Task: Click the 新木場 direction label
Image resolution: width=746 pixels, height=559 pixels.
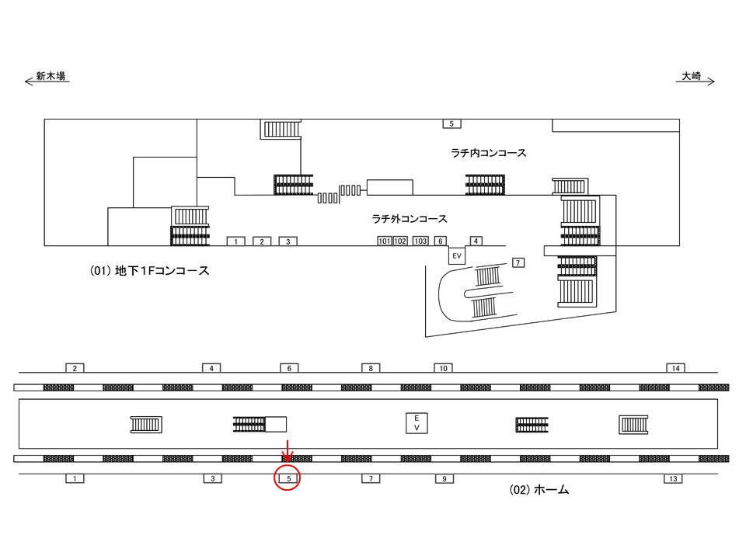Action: [x=50, y=76]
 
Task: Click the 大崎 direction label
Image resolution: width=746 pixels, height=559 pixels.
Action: [x=692, y=76]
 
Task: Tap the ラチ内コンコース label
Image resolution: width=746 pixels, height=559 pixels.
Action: [x=489, y=153]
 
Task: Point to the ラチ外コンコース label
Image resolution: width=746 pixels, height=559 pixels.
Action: [x=410, y=219]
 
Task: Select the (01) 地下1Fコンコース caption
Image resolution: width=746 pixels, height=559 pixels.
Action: [x=150, y=272]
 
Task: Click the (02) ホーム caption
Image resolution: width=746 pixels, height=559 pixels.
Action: [x=539, y=490]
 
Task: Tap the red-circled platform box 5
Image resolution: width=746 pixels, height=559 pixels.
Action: [x=288, y=479]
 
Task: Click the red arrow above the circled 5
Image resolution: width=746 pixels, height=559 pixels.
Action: [x=288, y=450]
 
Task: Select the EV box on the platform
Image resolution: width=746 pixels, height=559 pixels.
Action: [x=417, y=423]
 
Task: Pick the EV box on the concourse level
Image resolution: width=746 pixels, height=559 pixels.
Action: [x=457, y=255]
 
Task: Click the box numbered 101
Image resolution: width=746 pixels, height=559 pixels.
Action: [x=385, y=241]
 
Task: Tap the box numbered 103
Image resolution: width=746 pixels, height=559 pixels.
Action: [x=420, y=241]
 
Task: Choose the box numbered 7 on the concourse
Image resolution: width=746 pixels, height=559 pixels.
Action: [x=518, y=262]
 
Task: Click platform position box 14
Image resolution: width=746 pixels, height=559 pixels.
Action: [x=675, y=367]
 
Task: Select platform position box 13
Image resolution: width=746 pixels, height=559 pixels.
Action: [x=673, y=479]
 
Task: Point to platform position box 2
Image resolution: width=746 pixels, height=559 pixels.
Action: [x=75, y=367]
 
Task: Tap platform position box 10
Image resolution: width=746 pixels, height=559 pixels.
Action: [x=443, y=367]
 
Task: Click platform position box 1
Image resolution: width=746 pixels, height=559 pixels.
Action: [x=75, y=479]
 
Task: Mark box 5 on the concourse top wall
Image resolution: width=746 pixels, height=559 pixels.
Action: [x=451, y=123]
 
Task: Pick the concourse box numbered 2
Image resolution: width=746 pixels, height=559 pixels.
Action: [x=262, y=241]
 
